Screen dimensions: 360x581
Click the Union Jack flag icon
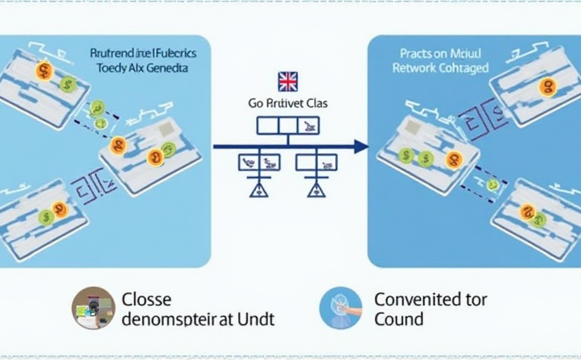tap(287, 81)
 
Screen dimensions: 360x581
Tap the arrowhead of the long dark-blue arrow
tap(361, 147)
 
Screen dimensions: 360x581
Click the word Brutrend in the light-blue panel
tap(111, 53)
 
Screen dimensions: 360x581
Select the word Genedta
tap(167, 67)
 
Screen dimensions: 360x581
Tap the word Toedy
tap(112, 67)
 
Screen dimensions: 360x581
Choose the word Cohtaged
tap(462, 67)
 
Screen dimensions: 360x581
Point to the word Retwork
tap(414, 67)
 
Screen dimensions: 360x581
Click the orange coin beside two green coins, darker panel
tap(454, 160)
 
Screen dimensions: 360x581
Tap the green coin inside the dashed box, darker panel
tap(494, 184)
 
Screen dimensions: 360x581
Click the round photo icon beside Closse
tap(93, 308)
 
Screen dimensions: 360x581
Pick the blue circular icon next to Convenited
tap(340, 308)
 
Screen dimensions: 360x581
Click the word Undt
tap(256, 319)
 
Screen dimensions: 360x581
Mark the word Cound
tap(399, 319)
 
